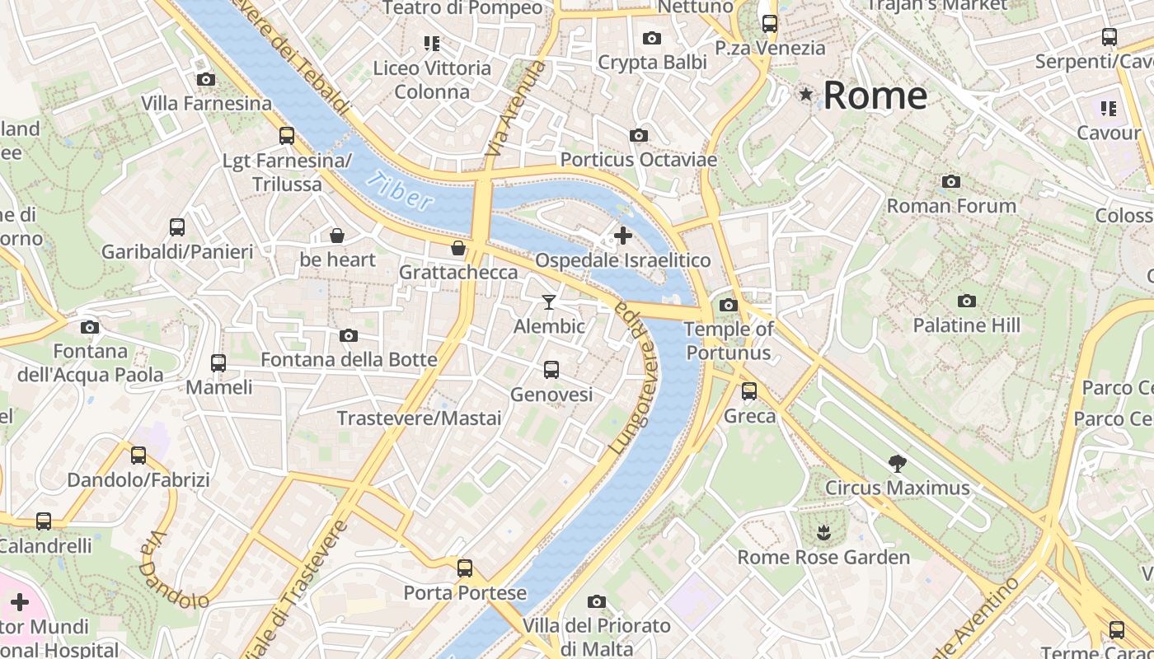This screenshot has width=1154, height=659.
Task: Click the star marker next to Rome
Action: tap(806, 96)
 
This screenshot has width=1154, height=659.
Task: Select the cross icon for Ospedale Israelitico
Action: tap(623, 236)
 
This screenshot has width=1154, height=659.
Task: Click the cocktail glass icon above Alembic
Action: tap(549, 302)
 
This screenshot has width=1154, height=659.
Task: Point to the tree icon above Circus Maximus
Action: tap(898, 464)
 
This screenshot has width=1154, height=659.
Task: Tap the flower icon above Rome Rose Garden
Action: tap(823, 533)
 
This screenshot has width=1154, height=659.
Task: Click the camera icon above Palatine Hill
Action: tap(967, 301)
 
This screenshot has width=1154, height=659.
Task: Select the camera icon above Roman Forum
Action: tap(951, 181)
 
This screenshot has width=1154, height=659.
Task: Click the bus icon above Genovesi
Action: tap(551, 370)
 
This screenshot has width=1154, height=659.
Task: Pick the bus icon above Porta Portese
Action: tap(465, 568)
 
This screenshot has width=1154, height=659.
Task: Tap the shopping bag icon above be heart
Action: tap(337, 236)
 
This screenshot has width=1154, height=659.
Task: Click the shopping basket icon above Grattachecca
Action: tap(458, 248)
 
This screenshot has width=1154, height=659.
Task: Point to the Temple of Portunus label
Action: tap(729, 341)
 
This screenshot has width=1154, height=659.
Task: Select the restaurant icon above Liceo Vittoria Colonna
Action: tap(432, 43)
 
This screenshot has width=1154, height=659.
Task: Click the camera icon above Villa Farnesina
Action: tap(206, 80)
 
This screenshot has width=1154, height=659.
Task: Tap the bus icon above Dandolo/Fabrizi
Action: tap(138, 455)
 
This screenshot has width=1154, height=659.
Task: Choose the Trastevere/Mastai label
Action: tap(419, 418)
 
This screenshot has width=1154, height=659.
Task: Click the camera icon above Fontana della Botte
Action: tap(349, 335)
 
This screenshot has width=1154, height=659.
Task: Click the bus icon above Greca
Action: tap(749, 391)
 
